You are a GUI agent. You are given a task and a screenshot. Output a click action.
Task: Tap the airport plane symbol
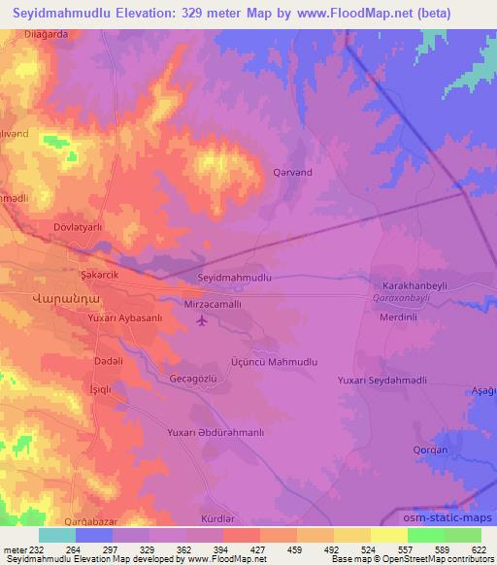[x=201, y=320]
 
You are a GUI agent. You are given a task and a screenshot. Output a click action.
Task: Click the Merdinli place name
[x=399, y=317]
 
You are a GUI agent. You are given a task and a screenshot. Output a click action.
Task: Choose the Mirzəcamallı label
[x=232, y=304]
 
